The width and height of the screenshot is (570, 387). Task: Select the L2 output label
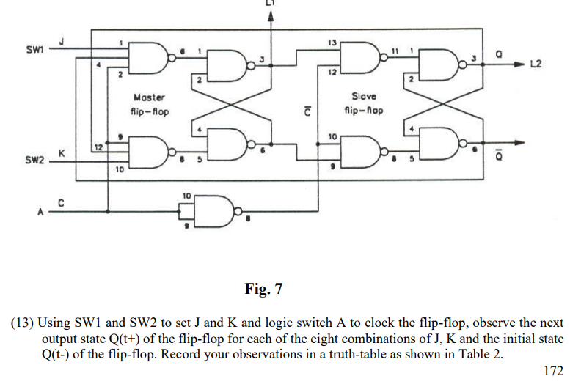pyautogui.click(x=535, y=65)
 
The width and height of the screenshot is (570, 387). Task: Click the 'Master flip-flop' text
pyautogui.click(x=150, y=104)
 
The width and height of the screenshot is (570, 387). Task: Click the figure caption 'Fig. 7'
pyautogui.click(x=263, y=288)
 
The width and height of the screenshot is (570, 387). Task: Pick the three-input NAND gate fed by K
pyautogui.click(x=146, y=152)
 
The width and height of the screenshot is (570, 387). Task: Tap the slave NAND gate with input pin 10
pyautogui.click(x=359, y=152)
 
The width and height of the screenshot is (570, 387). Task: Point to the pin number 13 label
pyautogui.click(x=334, y=42)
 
